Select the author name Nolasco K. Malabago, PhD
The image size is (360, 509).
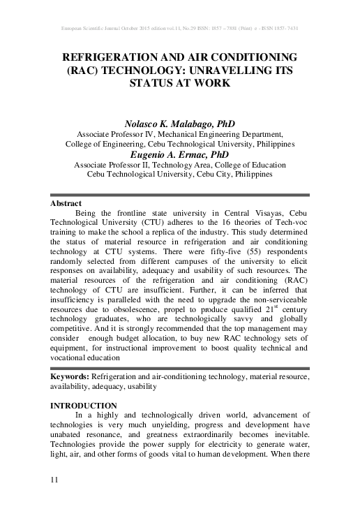(180, 123)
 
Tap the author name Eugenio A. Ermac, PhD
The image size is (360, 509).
(180, 154)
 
